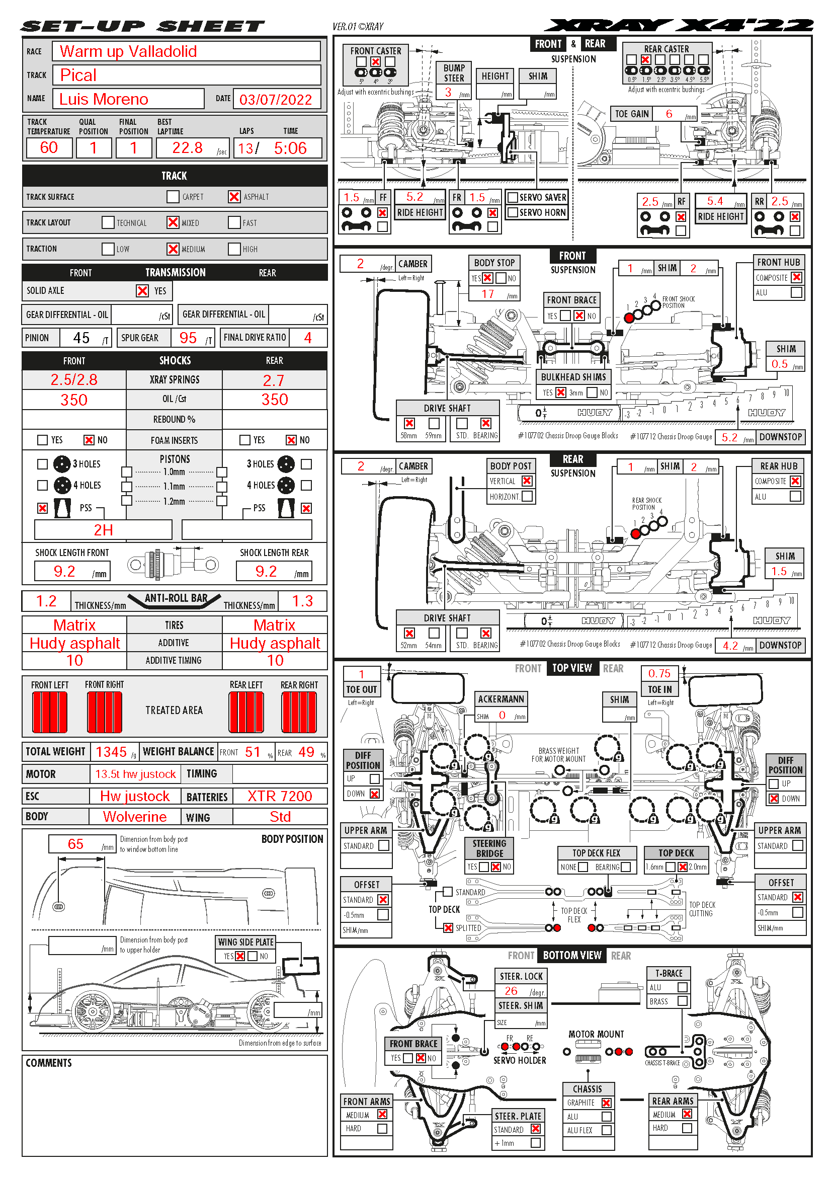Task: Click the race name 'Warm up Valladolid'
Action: click(x=128, y=51)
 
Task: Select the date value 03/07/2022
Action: click(x=276, y=100)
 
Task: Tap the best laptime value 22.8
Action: click(x=187, y=148)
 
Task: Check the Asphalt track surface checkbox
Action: click(x=234, y=197)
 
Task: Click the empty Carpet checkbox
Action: click(x=173, y=197)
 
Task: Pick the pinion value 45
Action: click(x=81, y=338)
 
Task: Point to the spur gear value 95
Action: click(x=188, y=338)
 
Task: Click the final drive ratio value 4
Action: click(x=307, y=338)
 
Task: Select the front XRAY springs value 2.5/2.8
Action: click(x=74, y=380)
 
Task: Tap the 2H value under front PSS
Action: click(x=103, y=530)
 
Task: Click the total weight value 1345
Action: click(x=111, y=752)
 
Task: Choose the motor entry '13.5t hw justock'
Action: click(x=135, y=774)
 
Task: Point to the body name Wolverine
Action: click(x=135, y=817)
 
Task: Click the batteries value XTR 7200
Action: click(x=280, y=796)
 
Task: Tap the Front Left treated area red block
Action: click(x=50, y=712)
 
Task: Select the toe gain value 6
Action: click(x=669, y=114)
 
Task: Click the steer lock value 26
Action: click(x=511, y=991)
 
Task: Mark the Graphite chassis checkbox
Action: click(x=607, y=1103)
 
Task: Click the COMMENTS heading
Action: click(x=49, y=1063)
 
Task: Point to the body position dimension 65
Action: click(x=75, y=844)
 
